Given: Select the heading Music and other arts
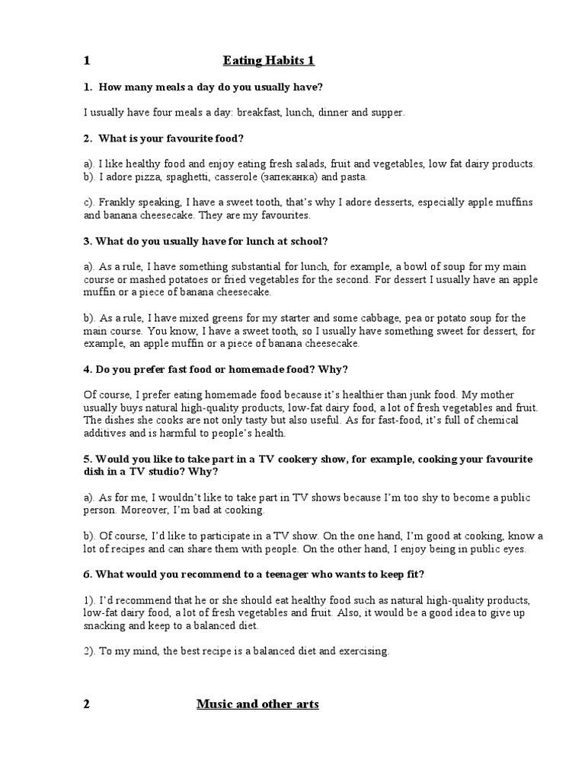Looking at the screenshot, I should pyautogui.click(x=257, y=704).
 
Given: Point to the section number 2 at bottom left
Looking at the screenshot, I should pyautogui.click(x=87, y=704).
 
